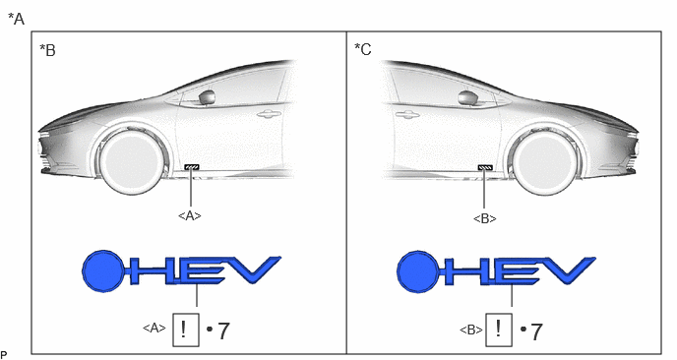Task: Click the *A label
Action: tap(17, 19)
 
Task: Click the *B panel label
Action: tap(47, 50)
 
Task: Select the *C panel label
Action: tap(363, 49)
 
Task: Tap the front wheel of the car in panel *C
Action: tap(545, 162)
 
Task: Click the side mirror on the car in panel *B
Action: tap(208, 97)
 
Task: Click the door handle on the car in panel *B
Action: tap(269, 114)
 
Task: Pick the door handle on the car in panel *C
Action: tap(407, 114)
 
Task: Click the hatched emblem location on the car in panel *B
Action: tap(192, 167)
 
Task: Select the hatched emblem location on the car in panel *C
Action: tap(485, 167)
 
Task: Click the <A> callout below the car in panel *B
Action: tap(190, 215)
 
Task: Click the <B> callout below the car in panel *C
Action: tap(485, 218)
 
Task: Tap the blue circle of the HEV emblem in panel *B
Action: tap(103, 271)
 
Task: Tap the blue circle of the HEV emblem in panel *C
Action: tap(418, 271)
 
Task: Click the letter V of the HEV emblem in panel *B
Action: tap(255, 270)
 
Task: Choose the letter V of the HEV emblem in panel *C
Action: tap(569, 270)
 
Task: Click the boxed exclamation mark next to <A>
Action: tap(186, 330)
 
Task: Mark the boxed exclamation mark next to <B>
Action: tap(499, 330)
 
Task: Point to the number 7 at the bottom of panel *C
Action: tap(535, 331)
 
